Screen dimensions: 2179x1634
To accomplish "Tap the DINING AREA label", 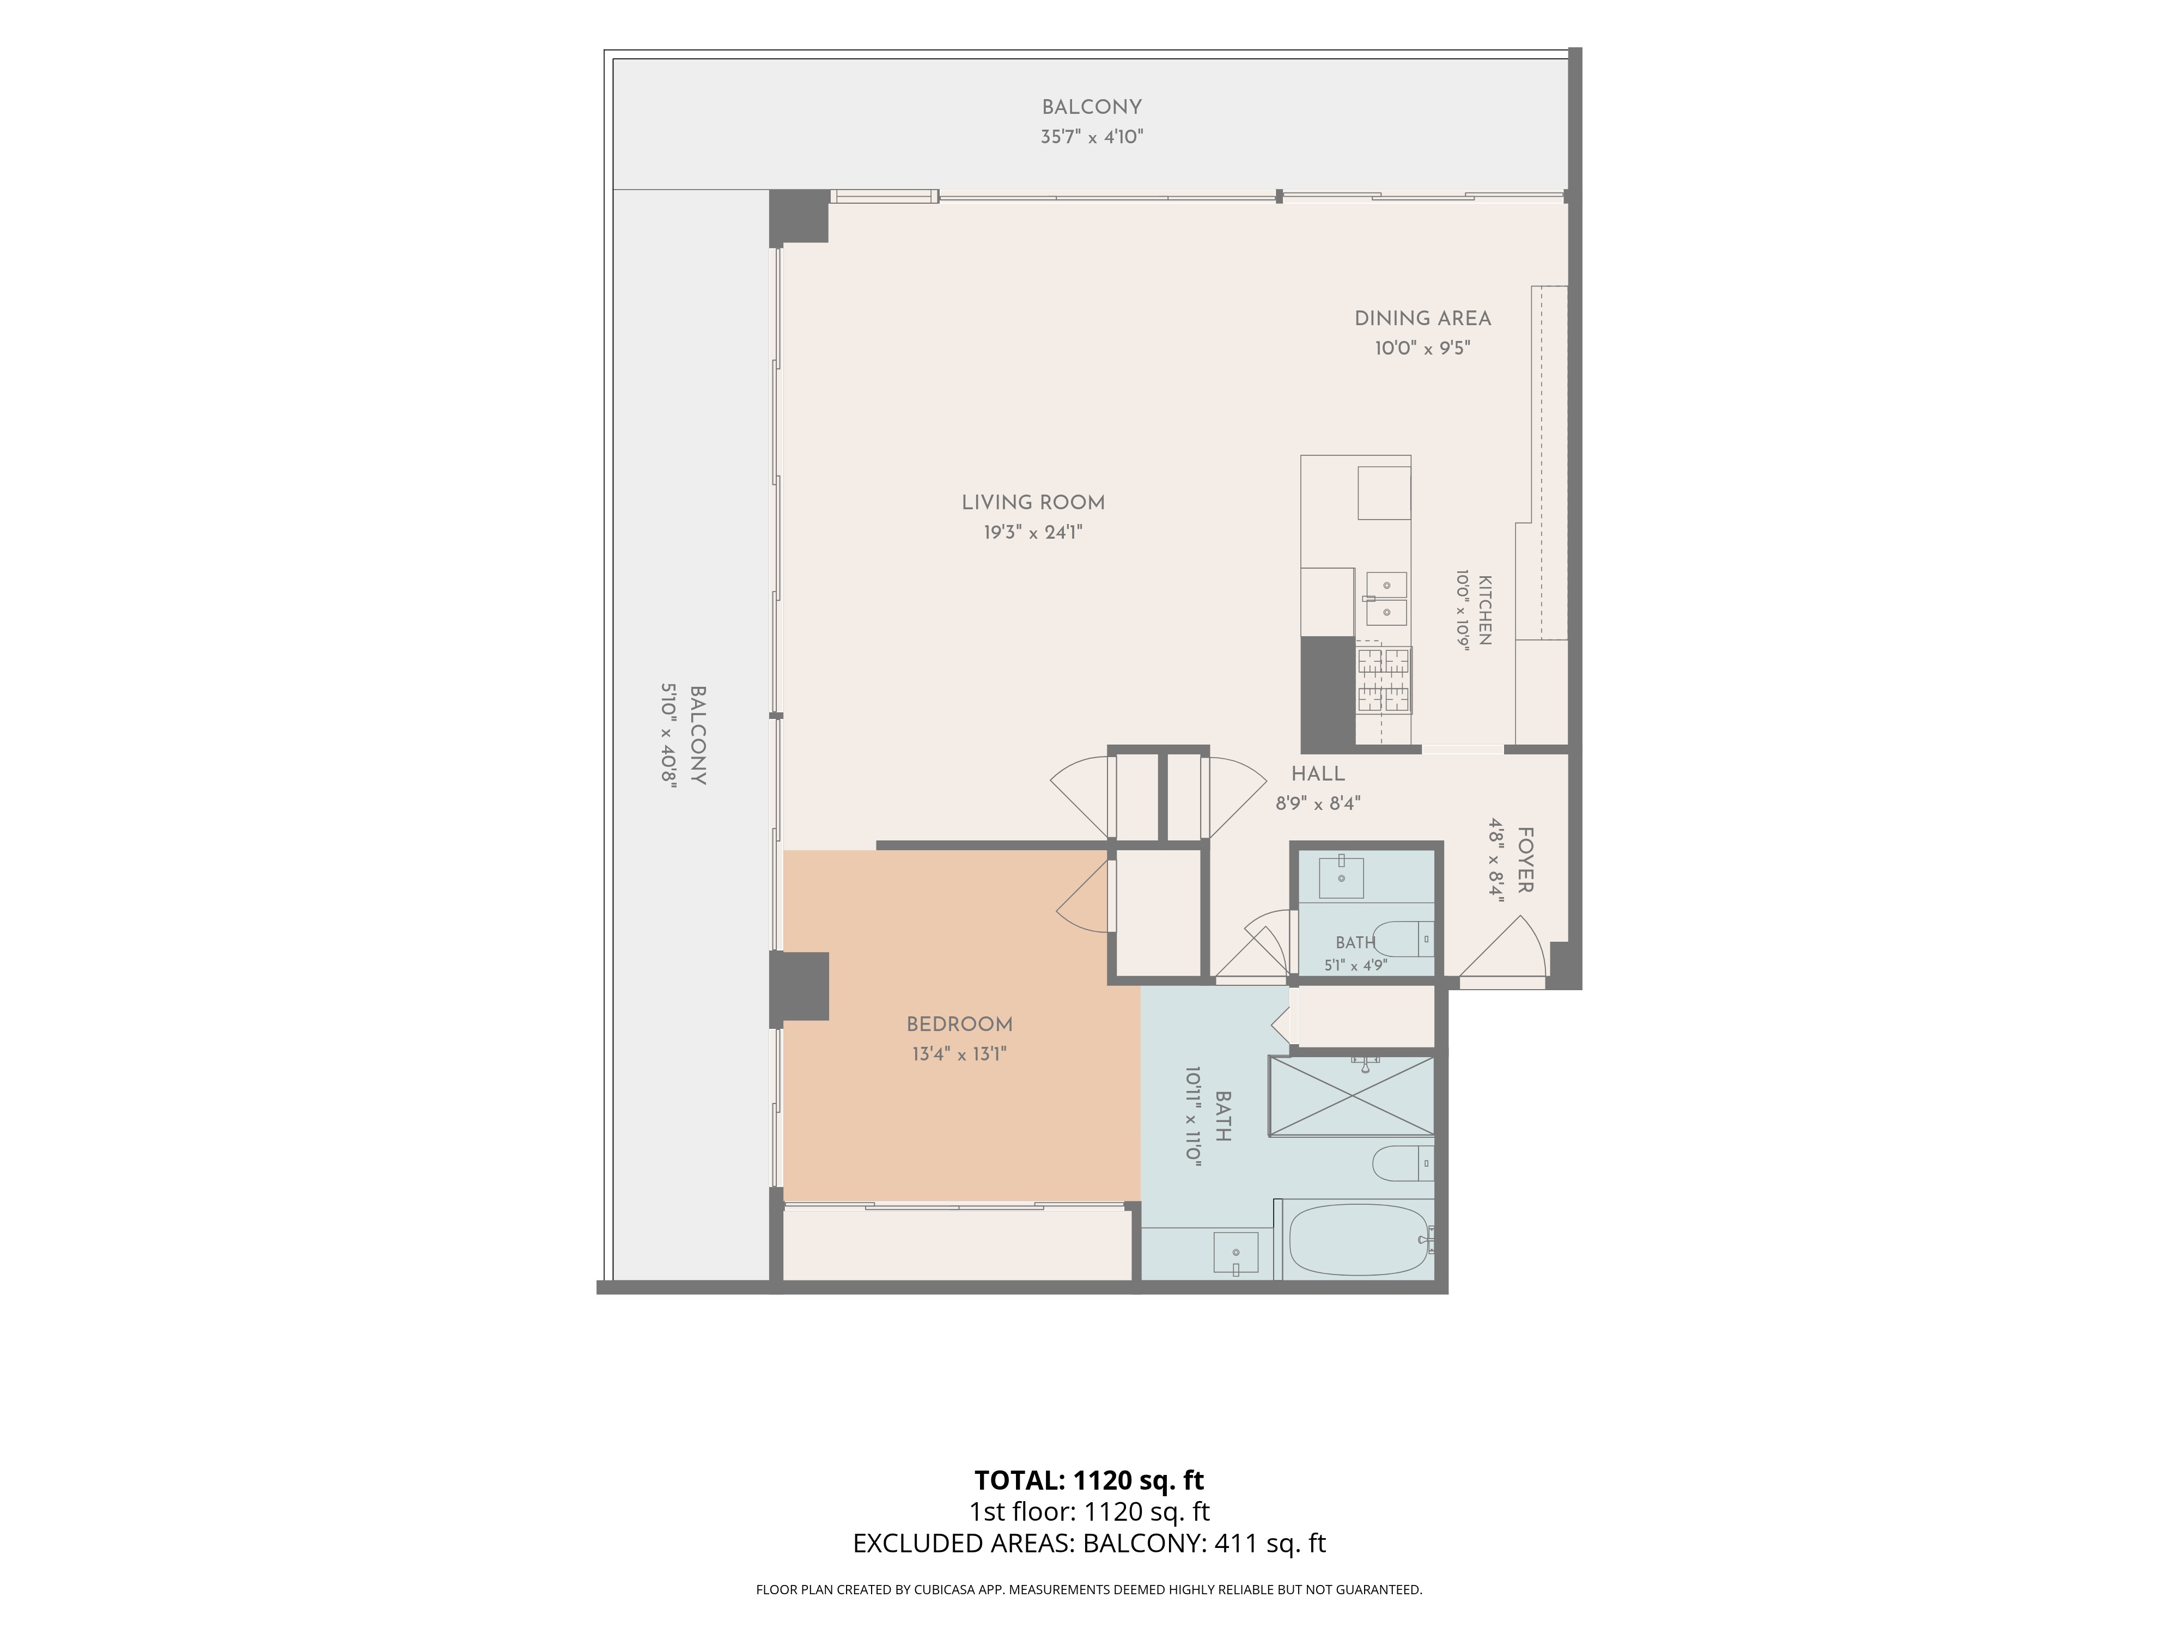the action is pos(1422,318).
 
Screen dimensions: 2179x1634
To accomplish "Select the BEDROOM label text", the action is pos(959,1025).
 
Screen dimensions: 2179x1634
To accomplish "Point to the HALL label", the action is pos(1318,774).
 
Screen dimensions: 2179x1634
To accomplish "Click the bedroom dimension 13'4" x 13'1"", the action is pos(959,1054).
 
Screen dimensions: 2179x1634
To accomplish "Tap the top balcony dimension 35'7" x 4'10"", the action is pos(1092,137).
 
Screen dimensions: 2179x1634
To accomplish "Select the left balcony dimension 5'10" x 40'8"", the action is pos(669,735).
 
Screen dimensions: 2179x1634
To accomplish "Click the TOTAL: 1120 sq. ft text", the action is pos(1088,1480).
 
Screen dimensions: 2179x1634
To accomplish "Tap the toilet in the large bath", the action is pos(1403,1163).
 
